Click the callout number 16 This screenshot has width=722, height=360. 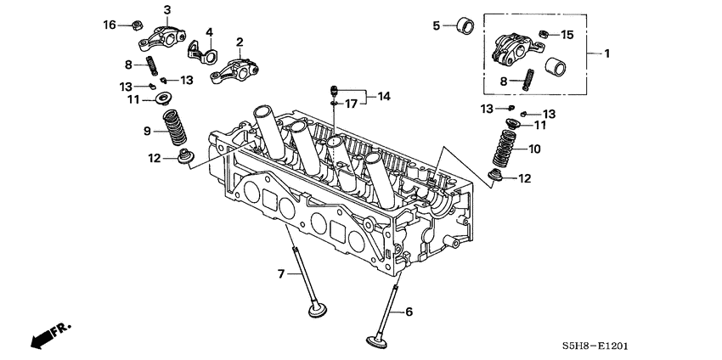coord(110,25)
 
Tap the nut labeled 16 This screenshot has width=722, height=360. coord(135,25)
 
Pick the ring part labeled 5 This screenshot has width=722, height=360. coord(465,24)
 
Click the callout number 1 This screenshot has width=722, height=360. coord(607,53)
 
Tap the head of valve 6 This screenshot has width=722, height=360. coord(375,343)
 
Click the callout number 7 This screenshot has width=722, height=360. coord(280,273)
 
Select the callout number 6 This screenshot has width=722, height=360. coord(409,312)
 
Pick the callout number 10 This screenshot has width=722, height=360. coord(535,149)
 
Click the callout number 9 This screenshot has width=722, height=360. coord(145,131)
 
